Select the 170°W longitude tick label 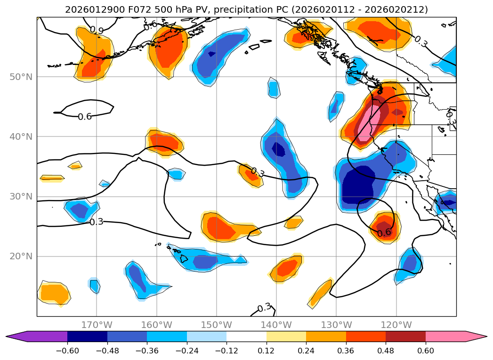point(97,325)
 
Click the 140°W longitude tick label point(276,325)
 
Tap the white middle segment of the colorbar point(246,336)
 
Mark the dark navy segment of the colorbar point(87,336)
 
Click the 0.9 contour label point(97,31)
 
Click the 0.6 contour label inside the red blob point(384,232)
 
